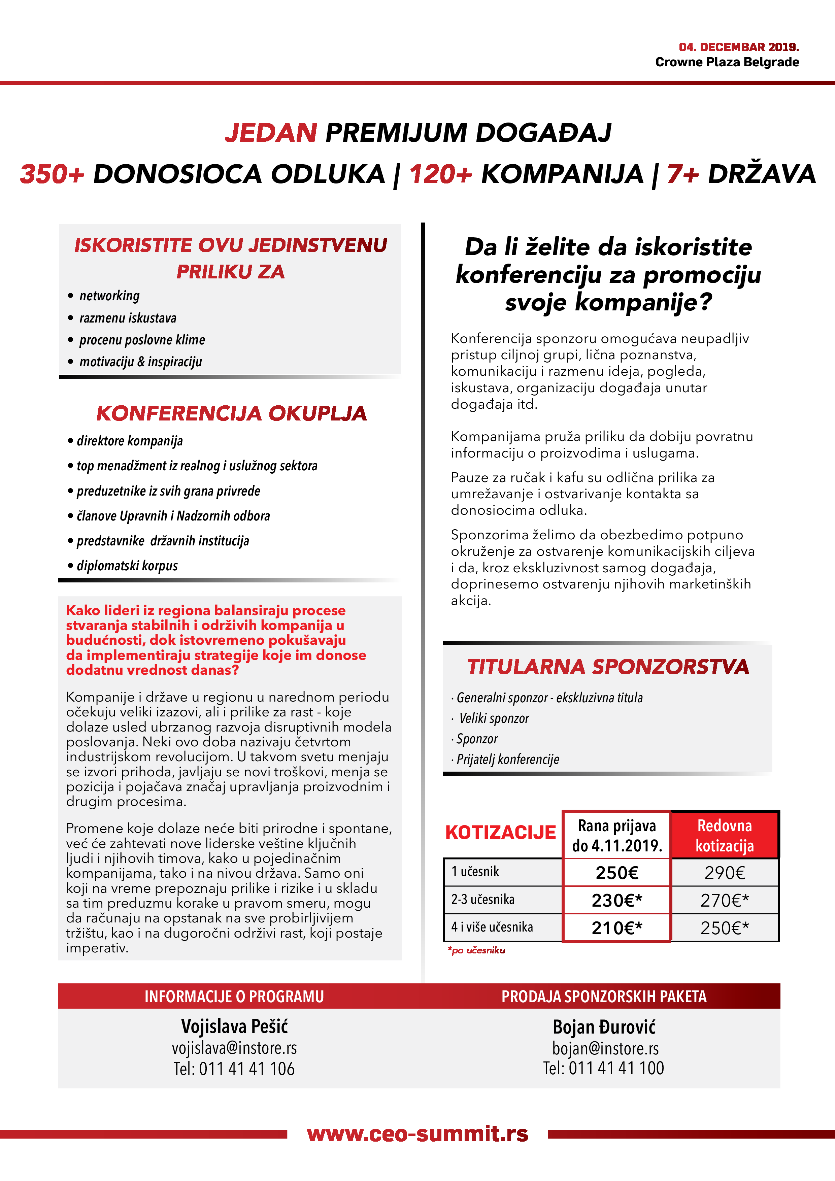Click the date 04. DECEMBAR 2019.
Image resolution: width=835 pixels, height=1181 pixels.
coord(738,47)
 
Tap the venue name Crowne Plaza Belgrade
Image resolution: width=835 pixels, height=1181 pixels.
coord(727,62)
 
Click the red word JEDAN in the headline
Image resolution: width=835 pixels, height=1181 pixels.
coord(271,133)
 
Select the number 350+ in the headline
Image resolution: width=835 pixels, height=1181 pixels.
coord(52,174)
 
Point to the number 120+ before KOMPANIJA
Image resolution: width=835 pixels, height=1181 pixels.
coord(440,174)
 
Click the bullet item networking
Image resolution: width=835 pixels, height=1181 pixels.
coord(109,296)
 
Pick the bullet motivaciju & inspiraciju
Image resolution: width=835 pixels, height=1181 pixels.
coord(140,362)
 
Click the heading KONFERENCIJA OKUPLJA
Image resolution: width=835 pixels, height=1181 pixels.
coord(232,413)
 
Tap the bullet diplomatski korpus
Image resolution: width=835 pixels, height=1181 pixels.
coord(127,566)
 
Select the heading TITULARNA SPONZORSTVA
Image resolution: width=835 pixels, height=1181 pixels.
coord(608,667)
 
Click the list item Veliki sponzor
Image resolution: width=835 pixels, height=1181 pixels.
coord(494,718)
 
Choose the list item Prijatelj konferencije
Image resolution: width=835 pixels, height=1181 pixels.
coord(508,759)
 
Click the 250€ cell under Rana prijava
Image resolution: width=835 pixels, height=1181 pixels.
coord(616,873)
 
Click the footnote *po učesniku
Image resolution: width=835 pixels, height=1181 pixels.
coord(476,951)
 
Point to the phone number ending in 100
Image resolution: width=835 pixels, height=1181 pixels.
coord(603,1068)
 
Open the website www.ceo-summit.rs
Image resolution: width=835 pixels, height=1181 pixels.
coord(417,1134)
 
